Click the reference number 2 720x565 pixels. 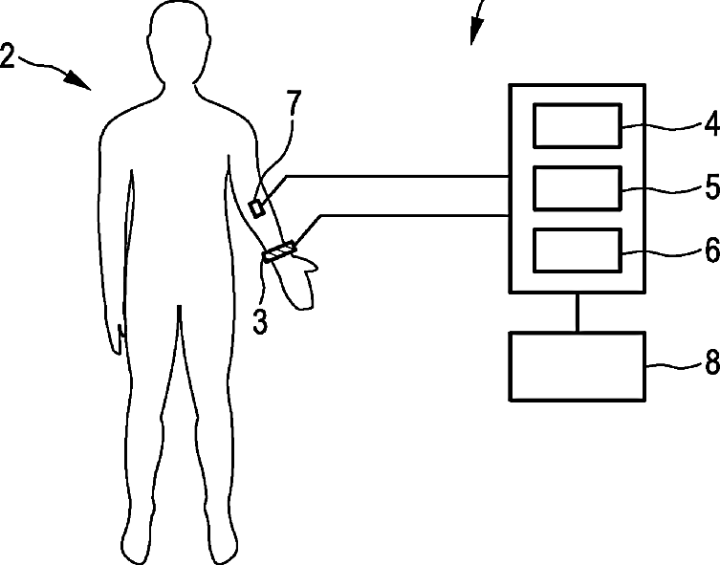click(8, 56)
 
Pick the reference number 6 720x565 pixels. click(710, 250)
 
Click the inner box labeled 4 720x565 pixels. click(577, 125)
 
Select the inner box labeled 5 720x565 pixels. click(577, 187)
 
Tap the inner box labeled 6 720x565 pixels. click(577, 250)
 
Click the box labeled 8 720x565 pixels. click(577, 365)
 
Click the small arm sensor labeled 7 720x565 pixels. click(258, 206)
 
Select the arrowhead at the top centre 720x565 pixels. click(474, 34)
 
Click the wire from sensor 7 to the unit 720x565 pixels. click(392, 176)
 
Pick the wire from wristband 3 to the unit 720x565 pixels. click(411, 215)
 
